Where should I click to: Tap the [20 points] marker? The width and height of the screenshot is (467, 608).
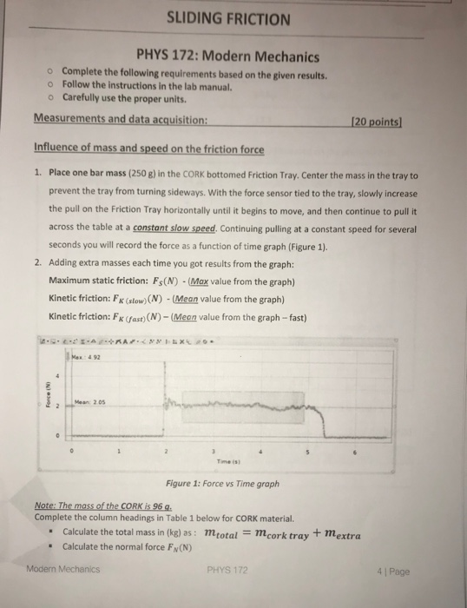(x=391, y=119)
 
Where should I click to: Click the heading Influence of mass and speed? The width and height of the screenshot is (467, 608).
(x=148, y=149)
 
